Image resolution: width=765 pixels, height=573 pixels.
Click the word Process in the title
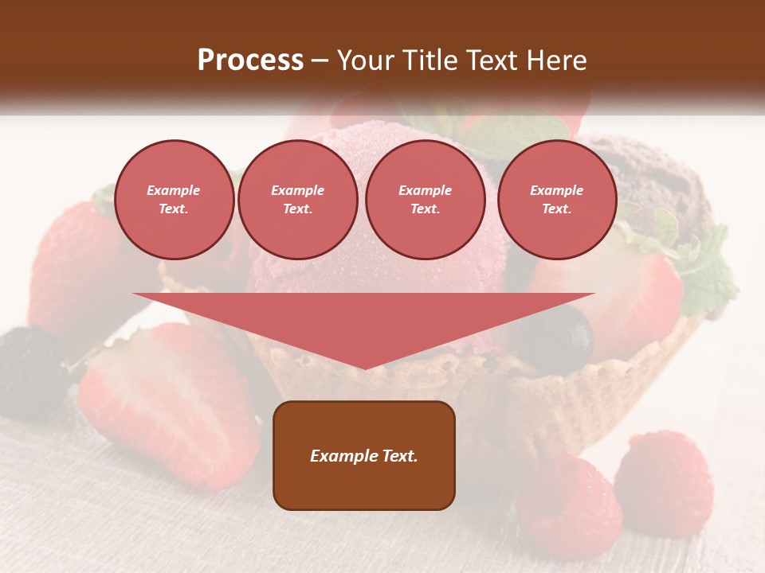point(250,60)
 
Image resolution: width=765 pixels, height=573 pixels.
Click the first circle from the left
point(174,200)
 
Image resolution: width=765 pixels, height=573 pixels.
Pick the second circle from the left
point(297,200)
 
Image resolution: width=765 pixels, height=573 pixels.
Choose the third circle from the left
point(425,200)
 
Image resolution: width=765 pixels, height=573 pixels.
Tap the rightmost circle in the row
point(556,200)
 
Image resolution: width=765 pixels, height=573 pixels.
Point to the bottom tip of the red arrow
point(364,368)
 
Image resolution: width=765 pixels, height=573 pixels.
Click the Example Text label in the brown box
point(364,456)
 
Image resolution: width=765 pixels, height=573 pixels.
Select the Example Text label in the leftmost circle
point(174,200)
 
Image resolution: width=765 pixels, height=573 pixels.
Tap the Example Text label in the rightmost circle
point(556,200)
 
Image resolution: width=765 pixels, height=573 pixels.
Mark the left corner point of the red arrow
point(134,294)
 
